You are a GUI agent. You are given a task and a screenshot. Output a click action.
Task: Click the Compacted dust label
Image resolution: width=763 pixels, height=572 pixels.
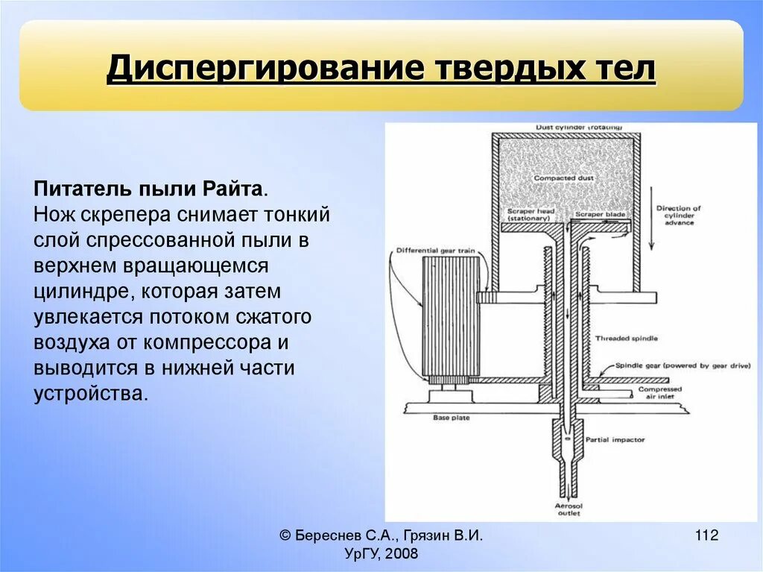coord(565,178)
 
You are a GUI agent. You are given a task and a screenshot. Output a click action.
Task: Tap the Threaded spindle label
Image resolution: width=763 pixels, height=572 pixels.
coord(626,339)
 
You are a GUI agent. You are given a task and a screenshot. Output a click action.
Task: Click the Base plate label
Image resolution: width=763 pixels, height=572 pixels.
coord(452,418)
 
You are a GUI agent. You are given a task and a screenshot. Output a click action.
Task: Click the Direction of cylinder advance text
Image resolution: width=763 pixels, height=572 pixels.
coord(678,216)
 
